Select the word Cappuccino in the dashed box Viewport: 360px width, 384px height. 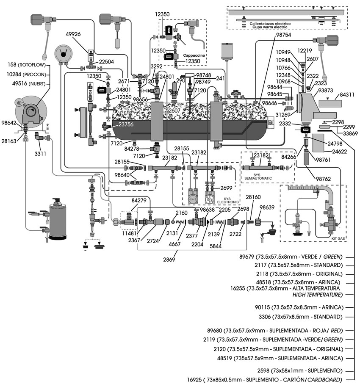pos(194,55)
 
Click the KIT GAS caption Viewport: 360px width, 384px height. pos(338,238)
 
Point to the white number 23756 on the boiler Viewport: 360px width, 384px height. pos(127,125)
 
